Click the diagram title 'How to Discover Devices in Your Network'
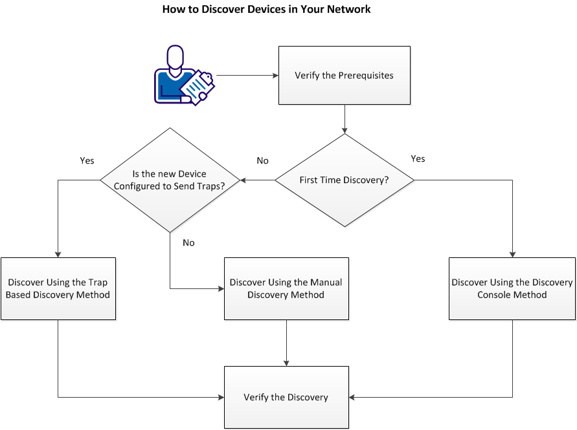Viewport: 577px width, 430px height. pyautogui.click(x=266, y=10)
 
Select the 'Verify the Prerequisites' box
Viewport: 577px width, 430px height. pyautogui.click(x=344, y=75)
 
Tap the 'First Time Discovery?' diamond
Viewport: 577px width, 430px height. pyautogui.click(x=344, y=180)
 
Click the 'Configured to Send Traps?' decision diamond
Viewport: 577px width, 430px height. pyautogui.click(x=170, y=180)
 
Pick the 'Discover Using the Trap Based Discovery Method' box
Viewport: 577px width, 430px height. pyautogui.click(x=58, y=288)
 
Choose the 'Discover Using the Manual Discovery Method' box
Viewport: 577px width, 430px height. pyautogui.click(x=286, y=288)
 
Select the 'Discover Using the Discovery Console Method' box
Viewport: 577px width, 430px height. pyautogui.click(x=512, y=288)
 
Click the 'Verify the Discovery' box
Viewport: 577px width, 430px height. pyautogui.click(x=286, y=397)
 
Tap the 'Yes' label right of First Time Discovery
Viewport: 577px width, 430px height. pyautogui.click(x=418, y=159)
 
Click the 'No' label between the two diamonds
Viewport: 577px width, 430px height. pyautogui.click(x=262, y=161)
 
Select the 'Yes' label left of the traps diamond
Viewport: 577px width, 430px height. pyautogui.click(x=87, y=161)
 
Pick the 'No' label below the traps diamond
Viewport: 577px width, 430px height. pyautogui.click(x=188, y=243)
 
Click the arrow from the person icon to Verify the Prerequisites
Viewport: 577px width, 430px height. pyautogui.click(x=246, y=76)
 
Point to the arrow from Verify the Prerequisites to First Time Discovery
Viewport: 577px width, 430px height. pyautogui.click(x=344, y=119)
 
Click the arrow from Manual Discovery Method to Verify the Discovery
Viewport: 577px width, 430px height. pyautogui.click(x=286, y=343)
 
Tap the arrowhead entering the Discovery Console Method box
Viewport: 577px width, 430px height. pyautogui.click(x=512, y=253)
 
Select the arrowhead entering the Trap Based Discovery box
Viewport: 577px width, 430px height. pyautogui.click(x=58, y=253)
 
